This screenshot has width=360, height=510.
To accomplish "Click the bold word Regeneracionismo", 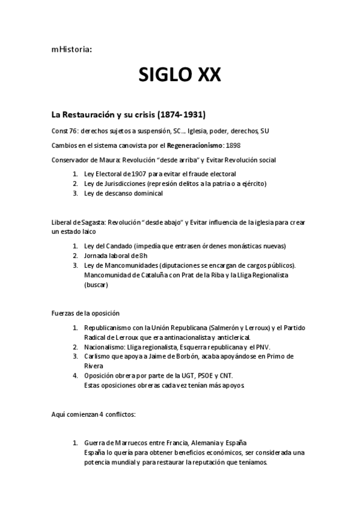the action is pyautogui.click(x=188, y=145).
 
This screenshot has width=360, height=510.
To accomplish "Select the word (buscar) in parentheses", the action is pyautogui.click(x=96, y=284).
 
